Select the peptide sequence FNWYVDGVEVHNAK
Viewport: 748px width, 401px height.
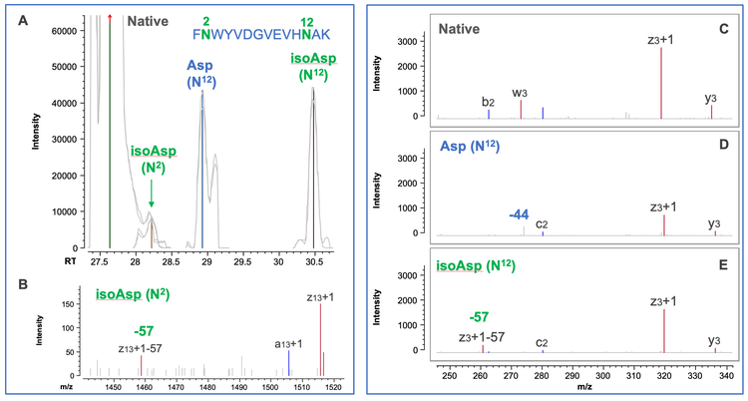(263, 32)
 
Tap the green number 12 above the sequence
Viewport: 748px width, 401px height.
(307, 19)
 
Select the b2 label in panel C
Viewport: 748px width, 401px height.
(489, 101)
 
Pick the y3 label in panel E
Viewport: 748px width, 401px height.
(715, 338)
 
